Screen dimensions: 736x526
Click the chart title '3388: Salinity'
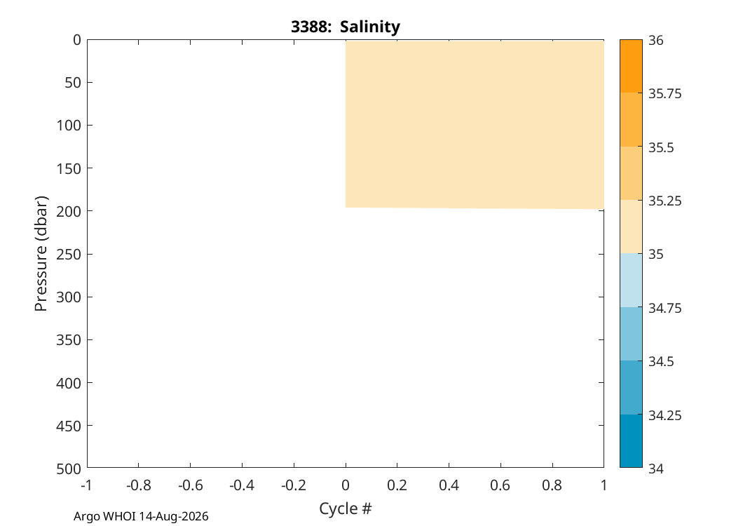click(346, 27)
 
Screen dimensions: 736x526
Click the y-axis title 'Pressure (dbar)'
click(41, 254)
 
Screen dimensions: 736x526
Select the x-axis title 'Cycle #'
click(346, 508)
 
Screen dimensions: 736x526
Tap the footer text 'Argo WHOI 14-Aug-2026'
click(141, 517)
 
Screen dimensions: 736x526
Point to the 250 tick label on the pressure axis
click(69, 254)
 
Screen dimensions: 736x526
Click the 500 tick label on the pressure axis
click(69, 468)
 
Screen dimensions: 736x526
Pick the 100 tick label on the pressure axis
click(69, 126)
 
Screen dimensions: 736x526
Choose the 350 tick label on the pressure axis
click(69, 340)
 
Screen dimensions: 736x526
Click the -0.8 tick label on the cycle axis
click(139, 485)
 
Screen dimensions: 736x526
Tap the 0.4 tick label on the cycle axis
click(449, 485)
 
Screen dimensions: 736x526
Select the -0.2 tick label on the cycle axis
click(294, 485)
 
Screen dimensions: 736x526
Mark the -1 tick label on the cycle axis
click(86, 485)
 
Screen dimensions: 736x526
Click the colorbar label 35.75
click(665, 94)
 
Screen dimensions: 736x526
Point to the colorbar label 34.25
click(665, 416)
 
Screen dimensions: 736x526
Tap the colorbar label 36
click(656, 41)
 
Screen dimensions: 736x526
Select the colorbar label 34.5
click(661, 362)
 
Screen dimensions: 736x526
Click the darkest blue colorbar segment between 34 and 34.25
click(631, 441)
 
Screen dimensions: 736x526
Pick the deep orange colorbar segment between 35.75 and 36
click(631, 66)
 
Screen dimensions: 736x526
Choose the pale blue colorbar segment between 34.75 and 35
click(631, 281)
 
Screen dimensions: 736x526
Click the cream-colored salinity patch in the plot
click(475, 124)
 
